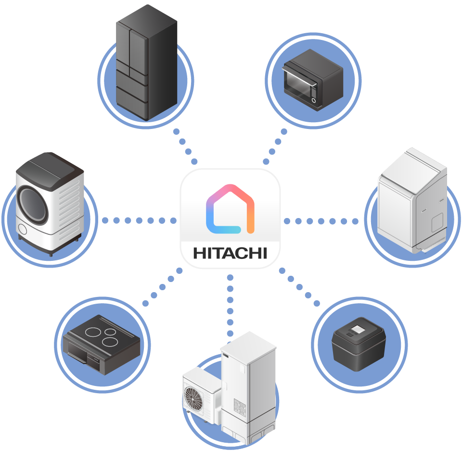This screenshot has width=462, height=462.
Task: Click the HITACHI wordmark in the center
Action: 230,253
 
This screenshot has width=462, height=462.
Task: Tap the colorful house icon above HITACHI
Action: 230,209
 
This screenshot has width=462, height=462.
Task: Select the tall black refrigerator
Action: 147,63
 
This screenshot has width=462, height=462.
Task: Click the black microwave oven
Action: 312,77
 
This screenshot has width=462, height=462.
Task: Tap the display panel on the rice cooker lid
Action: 359,329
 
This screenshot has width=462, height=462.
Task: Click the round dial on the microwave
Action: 314,101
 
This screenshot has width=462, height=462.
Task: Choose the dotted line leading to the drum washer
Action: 140,220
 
